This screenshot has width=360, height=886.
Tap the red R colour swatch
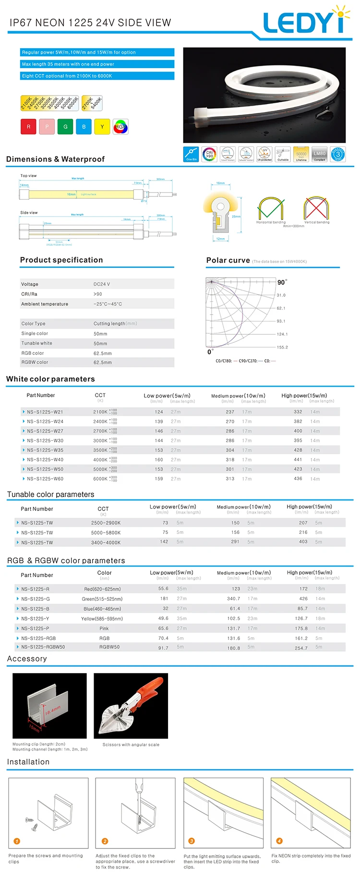28,127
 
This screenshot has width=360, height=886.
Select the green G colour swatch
65,127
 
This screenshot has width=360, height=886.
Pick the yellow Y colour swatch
102,127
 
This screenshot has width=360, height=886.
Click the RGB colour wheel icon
120,127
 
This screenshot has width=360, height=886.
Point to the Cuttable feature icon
283,154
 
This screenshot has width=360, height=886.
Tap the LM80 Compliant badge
319,154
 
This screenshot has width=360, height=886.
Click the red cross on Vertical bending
315,208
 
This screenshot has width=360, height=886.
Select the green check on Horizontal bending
270,208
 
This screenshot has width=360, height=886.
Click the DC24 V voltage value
102,284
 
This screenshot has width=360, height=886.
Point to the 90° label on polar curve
282,282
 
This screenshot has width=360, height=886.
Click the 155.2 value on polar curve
282,347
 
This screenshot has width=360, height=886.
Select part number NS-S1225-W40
45,460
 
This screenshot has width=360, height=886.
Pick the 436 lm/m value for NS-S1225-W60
298,479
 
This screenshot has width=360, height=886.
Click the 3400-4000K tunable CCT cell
106,543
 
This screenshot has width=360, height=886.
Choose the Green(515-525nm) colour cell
102,599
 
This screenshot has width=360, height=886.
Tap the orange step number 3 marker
192,841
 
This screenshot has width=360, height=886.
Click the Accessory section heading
27,659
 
